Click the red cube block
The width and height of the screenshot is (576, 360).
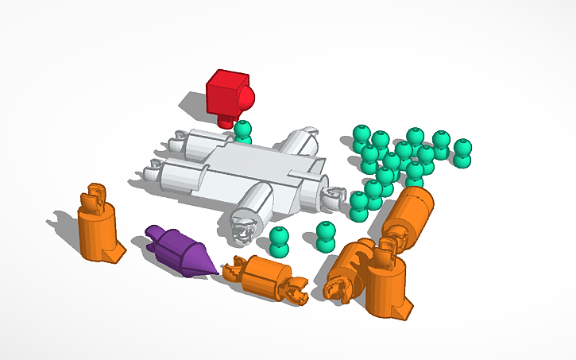pyautogui.click(x=226, y=93)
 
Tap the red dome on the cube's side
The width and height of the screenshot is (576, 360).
pyautogui.click(x=248, y=99)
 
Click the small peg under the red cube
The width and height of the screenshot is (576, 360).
pyautogui.click(x=226, y=120)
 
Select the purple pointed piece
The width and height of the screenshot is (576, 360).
pyautogui.click(x=179, y=251)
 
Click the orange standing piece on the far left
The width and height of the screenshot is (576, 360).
pyautogui.click(x=98, y=230)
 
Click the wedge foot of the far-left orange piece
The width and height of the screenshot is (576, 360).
pyautogui.click(x=116, y=254)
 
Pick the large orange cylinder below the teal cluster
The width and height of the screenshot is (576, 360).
pyautogui.click(x=410, y=213)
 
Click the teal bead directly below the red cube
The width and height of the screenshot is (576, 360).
pyautogui.click(x=243, y=131)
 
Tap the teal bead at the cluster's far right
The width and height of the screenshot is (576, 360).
pyautogui.click(x=462, y=152)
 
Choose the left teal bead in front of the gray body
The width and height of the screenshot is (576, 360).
pyautogui.click(x=278, y=241)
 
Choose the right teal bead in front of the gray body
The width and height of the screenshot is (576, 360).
pyautogui.click(x=325, y=236)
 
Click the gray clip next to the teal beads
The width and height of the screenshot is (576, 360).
pyautogui.click(x=334, y=196)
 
